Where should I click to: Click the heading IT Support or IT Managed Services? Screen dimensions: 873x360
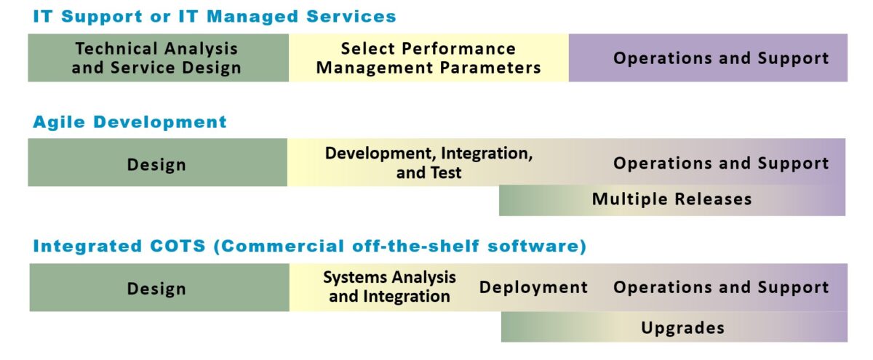click(x=215, y=17)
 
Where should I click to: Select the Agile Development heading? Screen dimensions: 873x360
click(x=129, y=122)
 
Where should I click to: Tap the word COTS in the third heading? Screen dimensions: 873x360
click(x=178, y=247)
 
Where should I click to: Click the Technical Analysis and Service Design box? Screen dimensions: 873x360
click(x=159, y=57)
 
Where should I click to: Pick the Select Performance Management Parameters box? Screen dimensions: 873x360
click(x=428, y=57)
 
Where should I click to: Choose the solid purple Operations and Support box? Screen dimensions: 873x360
click(x=708, y=57)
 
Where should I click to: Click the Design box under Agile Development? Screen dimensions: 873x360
click(x=157, y=162)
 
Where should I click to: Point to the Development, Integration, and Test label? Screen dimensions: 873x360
click(x=428, y=163)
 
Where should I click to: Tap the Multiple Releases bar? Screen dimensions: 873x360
click(x=672, y=200)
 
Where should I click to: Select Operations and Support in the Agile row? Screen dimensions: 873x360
click(x=721, y=163)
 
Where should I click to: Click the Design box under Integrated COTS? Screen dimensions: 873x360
click(x=159, y=287)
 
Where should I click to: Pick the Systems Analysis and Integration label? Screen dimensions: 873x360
click(x=390, y=287)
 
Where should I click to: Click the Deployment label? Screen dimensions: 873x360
click(x=533, y=287)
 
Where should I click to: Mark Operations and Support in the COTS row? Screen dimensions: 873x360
click(x=721, y=287)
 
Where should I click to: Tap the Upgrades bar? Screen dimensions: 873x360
click(x=674, y=327)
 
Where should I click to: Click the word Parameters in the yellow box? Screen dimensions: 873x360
click(x=490, y=68)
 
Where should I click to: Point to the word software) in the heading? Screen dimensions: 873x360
click(x=537, y=247)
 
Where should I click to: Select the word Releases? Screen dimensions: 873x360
click(x=713, y=199)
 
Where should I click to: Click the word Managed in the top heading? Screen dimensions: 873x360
click(x=252, y=17)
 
